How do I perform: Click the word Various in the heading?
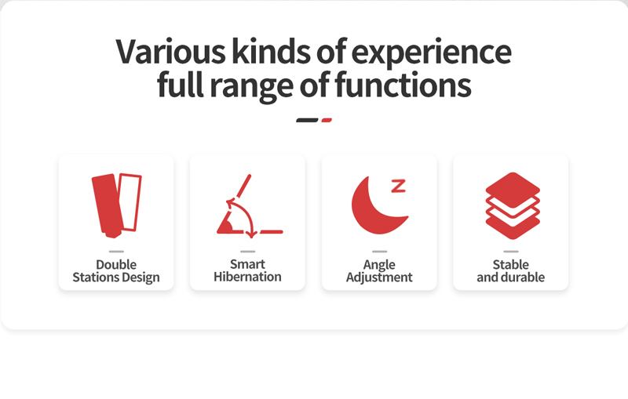click(x=170, y=52)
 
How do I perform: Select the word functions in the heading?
click(x=403, y=85)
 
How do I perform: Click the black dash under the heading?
click(x=307, y=120)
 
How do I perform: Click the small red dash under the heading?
click(x=327, y=120)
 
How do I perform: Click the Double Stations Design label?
click(x=116, y=270)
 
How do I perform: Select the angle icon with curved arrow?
click(x=250, y=206)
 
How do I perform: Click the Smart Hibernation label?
click(x=247, y=270)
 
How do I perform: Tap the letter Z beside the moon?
click(x=399, y=186)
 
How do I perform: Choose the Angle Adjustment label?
click(x=379, y=270)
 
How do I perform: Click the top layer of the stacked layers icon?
click(x=513, y=190)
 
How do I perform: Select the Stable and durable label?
click(x=511, y=270)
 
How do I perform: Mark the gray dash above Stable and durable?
click(x=511, y=252)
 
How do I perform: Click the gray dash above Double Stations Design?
click(x=116, y=252)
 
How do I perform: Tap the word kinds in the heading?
click(x=272, y=52)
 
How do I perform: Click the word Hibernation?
click(x=247, y=277)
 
